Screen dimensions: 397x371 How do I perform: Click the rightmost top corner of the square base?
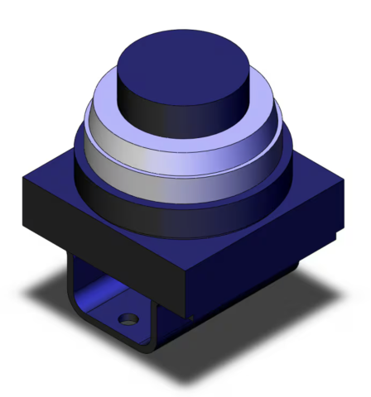point(344,184)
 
